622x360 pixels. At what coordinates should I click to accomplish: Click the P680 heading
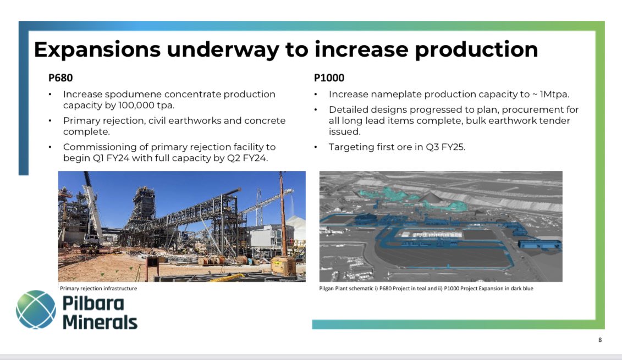coord(60,78)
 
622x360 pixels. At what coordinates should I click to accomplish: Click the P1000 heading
coord(329,78)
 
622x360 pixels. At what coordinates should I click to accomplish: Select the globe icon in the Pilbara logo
coord(36,310)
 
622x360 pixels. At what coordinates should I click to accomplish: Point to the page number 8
coord(600,340)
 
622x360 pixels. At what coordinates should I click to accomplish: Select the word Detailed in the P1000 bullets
coord(348,109)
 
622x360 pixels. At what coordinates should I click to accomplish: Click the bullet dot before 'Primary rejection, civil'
coord(50,120)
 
